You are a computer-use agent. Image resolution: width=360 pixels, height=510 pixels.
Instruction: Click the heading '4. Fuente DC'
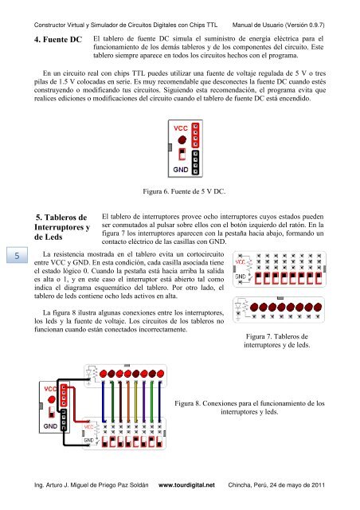coord(58,40)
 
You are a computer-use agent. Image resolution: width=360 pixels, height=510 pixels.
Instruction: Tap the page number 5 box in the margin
coord(17,255)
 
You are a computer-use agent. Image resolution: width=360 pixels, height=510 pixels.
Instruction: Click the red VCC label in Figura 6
coord(181,128)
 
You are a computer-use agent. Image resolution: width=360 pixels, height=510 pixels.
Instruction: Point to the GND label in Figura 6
coord(181,170)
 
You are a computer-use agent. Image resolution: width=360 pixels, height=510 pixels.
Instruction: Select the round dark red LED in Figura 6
coord(182,140)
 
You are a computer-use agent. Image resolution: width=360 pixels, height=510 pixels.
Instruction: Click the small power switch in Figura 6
coord(182,154)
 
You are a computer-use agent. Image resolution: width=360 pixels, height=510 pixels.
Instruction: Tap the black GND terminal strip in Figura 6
coord(195,163)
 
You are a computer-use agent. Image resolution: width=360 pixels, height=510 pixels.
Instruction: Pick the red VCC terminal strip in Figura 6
coord(195,135)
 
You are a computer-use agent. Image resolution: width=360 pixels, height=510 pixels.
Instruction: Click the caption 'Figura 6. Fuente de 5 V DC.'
coord(184,191)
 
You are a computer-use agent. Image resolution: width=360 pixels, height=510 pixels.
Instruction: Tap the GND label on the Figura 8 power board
coord(50,426)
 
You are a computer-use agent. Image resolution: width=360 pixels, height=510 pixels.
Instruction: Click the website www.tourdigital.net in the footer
coord(186,485)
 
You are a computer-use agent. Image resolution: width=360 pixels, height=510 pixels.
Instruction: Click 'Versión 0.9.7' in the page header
coord(305,25)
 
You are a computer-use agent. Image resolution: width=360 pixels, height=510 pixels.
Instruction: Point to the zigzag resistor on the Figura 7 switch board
coord(249,267)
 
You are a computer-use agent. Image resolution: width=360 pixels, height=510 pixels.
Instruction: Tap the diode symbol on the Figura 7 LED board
coord(238,306)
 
